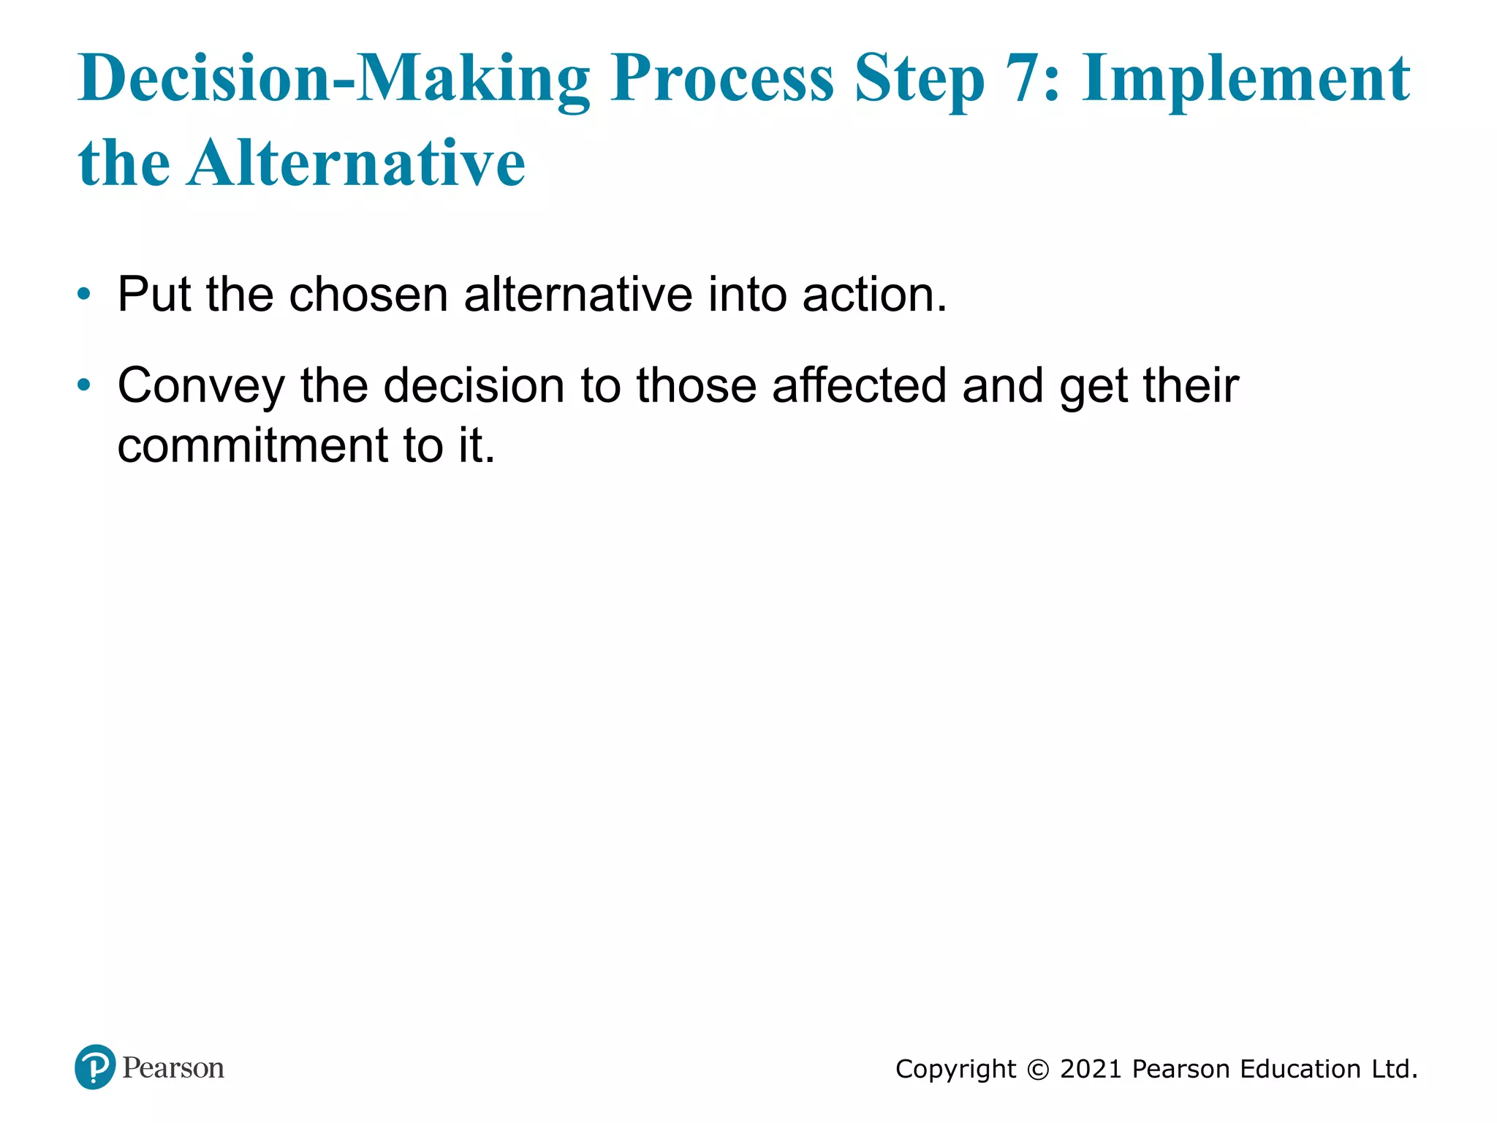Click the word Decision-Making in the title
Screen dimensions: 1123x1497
pos(333,78)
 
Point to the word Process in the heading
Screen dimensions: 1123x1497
pos(722,78)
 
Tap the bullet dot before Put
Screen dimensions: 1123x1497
pos(85,295)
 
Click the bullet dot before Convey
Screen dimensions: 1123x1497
pos(85,385)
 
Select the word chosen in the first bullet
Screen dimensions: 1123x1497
pos(368,295)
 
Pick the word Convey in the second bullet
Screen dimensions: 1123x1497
pos(201,387)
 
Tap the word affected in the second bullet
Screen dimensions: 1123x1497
pos(860,385)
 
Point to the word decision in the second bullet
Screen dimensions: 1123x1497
pos(474,385)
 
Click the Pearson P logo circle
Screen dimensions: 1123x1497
pos(95,1067)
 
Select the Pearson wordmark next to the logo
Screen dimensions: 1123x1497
pos(173,1068)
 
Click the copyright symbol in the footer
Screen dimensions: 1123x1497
pos(1038,1070)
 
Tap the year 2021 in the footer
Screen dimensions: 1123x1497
pos(1091,1070)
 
